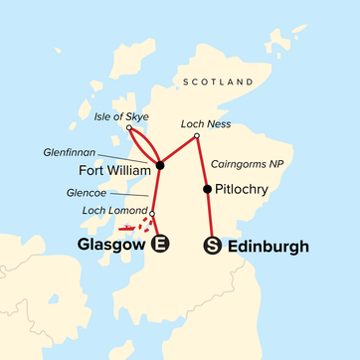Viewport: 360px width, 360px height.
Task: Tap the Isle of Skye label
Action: (122, 116)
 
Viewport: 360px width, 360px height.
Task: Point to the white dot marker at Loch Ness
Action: (197, 136)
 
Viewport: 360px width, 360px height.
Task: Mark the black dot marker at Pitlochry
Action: (206, 189)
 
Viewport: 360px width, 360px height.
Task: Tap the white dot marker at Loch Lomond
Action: (152, 213)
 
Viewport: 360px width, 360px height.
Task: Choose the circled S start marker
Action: (211, 246)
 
